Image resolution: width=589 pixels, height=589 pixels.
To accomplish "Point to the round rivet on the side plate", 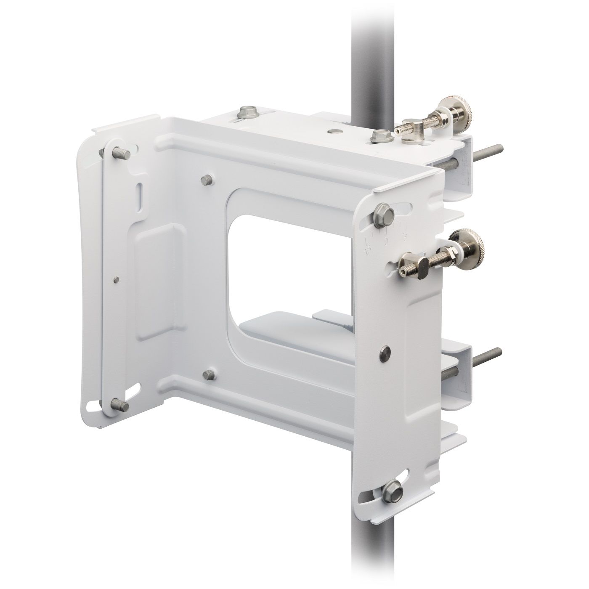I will [384, 350].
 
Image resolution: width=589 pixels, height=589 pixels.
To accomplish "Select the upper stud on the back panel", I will [206, 181].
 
